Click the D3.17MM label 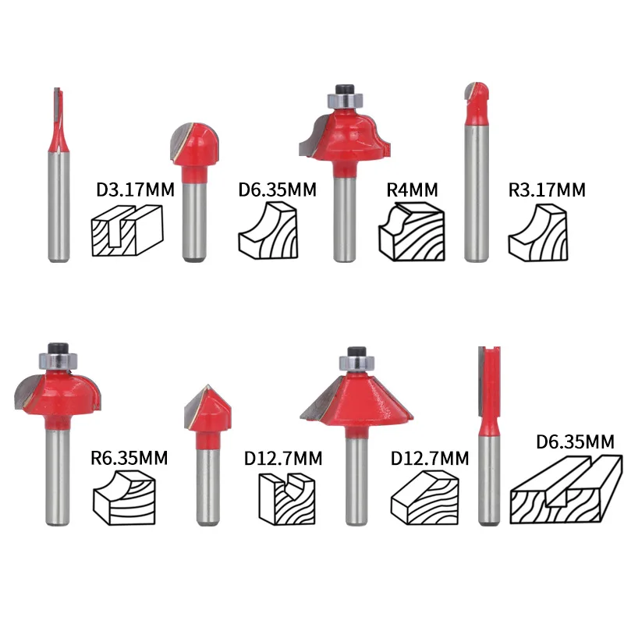pyautogui.click(x=135, y=190)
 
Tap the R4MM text pyautogui.click(x=412, y=190)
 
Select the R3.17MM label pyautogui.click(x=547, y=190)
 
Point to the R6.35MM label pyautogui.click(x=129, y=458)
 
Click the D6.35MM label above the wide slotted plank pyautogui.click(x=575, y=441)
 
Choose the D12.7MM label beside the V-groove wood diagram pyautogui.click(x=283, y=459)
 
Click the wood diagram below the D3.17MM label pyautogui.click(x=127, y=230)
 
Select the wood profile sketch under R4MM pyautogui.click(x=412, y=232)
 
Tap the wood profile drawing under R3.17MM pyautogui.click(x=538, y=232)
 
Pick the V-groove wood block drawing pyautogui.click(x=286, y=499)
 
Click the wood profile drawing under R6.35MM pyautogui.click(x=124, y=498)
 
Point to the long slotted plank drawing pyautogui.click(x=566, y=490)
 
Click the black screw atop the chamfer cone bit pyautogui.click(x=356, y=352)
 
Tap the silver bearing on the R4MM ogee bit pyautogui.click(x=346, y=100)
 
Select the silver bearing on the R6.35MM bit pyautogui.click(x=58, y=360)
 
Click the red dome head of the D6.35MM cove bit pyautogui.click(x=195, y=144)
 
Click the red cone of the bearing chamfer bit pyautogui.click(x=356, y=399)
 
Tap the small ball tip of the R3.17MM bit pyautogui.click(x=476, y=94)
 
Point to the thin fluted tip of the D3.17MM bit pyautogui.click(x=58, y=119)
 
